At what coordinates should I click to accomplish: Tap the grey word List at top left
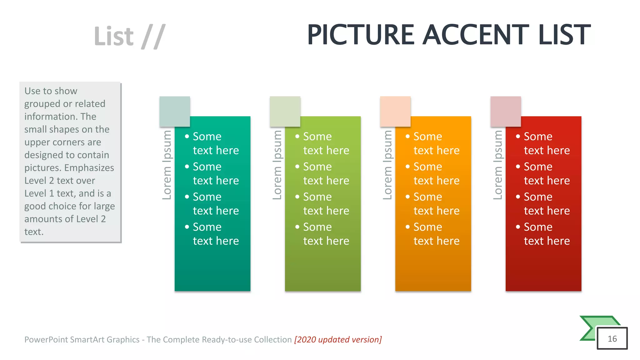click(114, 37)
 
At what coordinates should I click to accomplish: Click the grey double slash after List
click(153, 37)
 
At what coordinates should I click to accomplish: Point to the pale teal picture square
click(175, 111)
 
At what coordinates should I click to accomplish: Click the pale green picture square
click(285, 111)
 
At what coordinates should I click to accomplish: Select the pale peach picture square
click(395, 111)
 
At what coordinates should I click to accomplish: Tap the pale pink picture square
click(506, 111)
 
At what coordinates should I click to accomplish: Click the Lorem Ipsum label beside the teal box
click(167, 165)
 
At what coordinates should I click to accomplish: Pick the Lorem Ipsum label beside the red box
click(498, 165)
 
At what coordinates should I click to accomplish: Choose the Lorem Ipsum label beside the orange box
click(387, 165)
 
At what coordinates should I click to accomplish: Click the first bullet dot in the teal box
click(187, 136)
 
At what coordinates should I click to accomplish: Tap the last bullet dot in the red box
click(518, 227)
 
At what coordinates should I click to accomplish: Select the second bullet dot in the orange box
click(407, 167)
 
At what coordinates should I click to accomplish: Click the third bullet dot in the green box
click(297, 197)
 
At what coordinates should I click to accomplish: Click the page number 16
click(612, 339)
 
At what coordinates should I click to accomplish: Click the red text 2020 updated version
click(338, 339)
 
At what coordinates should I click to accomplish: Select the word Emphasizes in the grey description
click(89, 168)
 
